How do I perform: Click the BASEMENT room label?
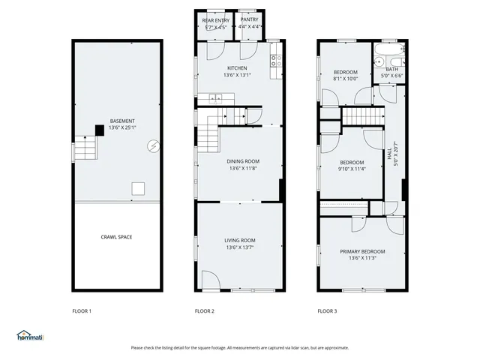point(122,121)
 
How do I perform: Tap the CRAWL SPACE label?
point(116,237)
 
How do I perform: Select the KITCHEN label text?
point(237,68)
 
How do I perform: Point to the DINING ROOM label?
point(243,161)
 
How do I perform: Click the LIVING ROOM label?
point(240,240)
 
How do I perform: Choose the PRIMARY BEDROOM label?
point(362,251)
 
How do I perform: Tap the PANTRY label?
point(250,19)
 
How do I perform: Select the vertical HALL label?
point(389,156)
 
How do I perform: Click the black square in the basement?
point(99,130)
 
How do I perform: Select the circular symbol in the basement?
point(153,145)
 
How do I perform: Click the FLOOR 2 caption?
point(205,310)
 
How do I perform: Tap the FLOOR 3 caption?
point(328,310)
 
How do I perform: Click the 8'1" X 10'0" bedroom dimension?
point(346,78)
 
